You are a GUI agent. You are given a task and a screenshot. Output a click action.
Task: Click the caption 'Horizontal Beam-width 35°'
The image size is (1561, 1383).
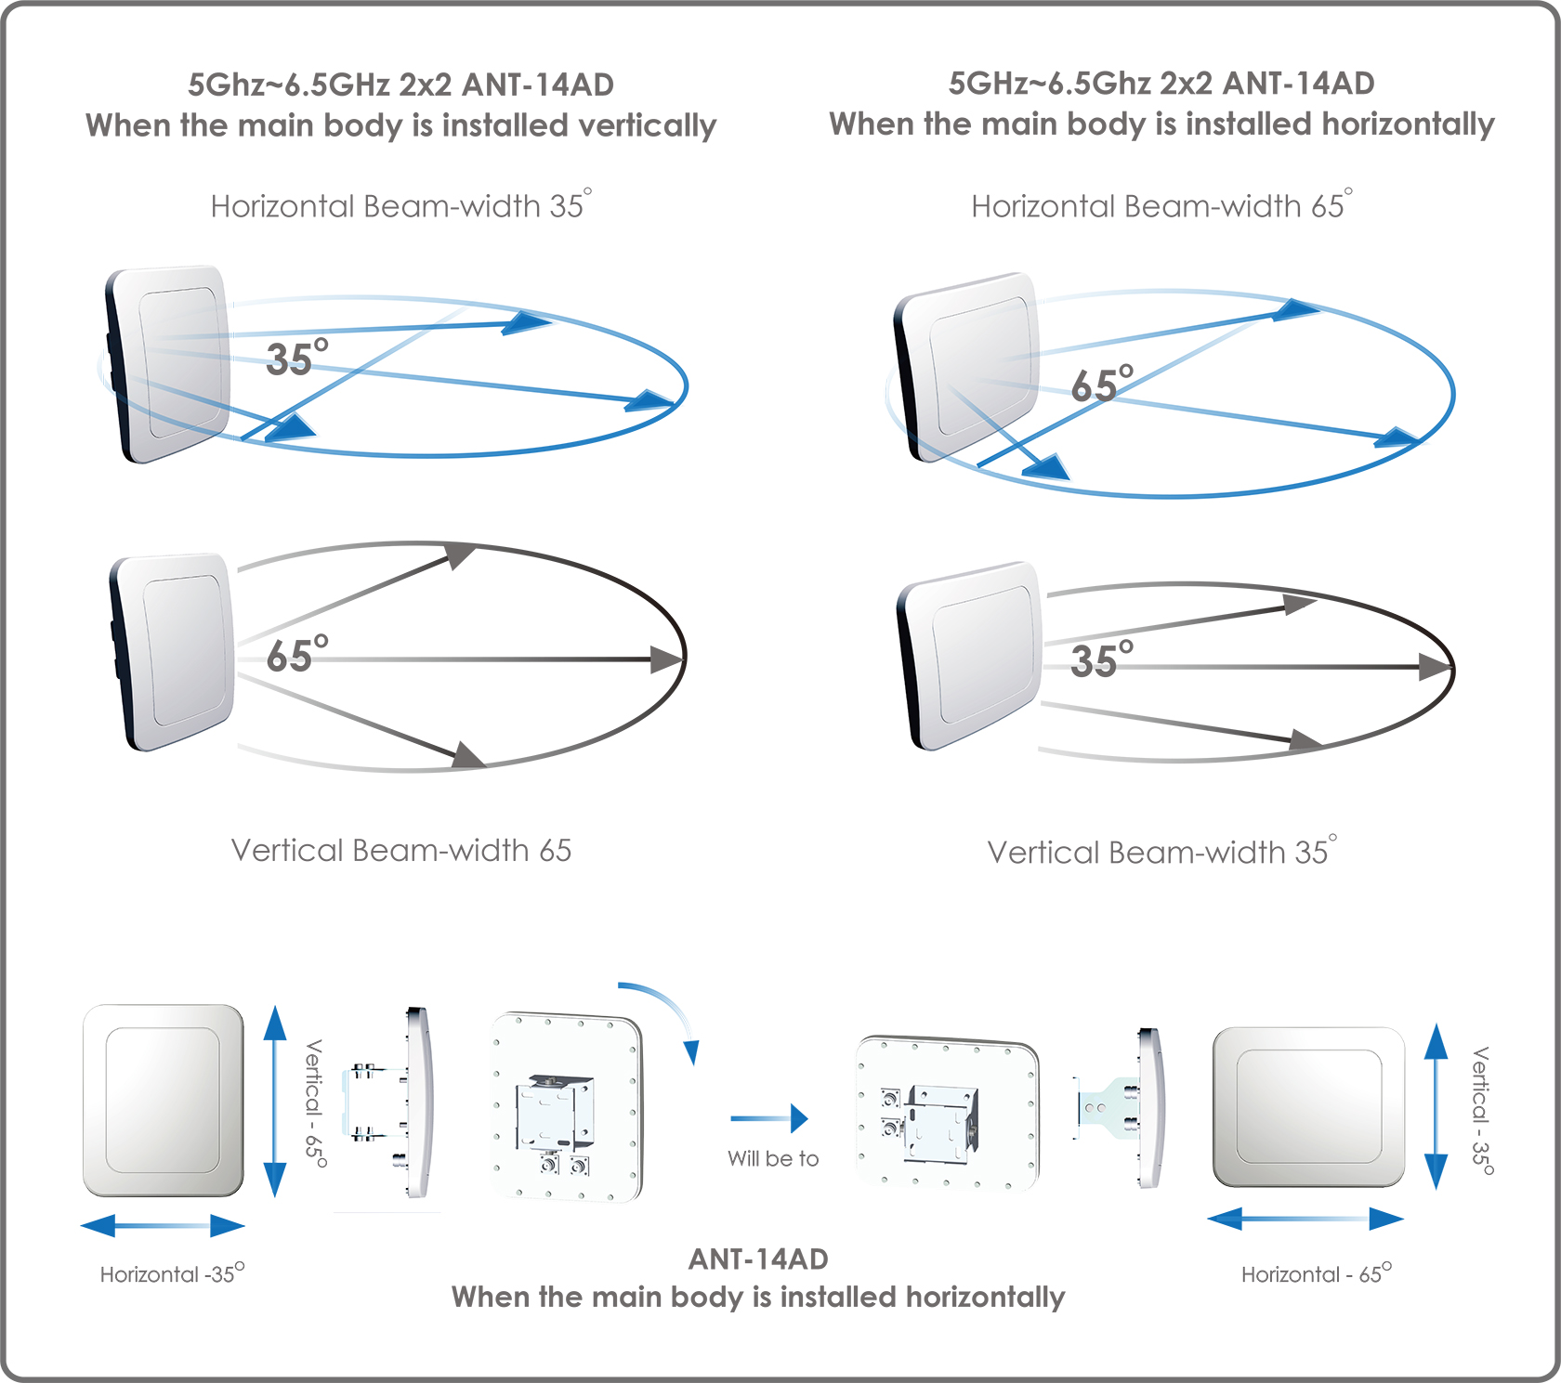click(401, 204)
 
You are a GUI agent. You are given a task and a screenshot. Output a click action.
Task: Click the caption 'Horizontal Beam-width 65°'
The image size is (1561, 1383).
click(1161, 204)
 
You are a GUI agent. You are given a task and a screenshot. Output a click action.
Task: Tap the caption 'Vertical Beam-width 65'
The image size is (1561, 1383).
click(401, 850)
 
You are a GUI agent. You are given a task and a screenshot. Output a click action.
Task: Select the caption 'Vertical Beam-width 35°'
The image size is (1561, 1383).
click(1162, 851)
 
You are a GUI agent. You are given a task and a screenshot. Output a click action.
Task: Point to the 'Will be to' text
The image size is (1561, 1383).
click(773, 1158)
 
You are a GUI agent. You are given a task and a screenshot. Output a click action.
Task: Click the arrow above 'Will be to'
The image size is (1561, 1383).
click(769, 1118)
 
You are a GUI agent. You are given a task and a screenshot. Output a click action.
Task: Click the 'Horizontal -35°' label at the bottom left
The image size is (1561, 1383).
click(172, 1273)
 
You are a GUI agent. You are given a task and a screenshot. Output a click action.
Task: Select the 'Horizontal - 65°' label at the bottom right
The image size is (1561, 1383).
click(1317, 1273)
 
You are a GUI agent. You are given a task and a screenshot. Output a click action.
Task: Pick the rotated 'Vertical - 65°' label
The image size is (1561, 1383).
click(316, 1103)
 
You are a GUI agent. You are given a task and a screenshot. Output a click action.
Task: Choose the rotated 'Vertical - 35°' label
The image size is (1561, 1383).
click(1482, 1111)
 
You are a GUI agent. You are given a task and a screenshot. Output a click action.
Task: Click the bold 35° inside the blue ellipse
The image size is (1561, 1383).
click(297, 358)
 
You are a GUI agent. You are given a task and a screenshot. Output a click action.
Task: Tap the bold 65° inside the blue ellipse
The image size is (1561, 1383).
click(1102, 384)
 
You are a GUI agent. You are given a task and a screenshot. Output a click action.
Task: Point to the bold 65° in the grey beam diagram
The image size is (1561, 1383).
click(297, 654)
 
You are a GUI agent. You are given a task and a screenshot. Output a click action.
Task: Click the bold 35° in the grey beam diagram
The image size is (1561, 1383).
click(1102, 659)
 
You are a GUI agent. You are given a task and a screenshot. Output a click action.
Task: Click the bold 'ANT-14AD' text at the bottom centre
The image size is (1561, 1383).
click(758, 1259)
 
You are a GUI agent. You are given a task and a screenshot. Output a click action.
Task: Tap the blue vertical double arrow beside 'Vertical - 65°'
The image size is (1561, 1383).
click(275, 1102)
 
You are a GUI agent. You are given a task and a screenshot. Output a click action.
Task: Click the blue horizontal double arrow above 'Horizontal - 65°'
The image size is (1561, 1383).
click(1305, 1219)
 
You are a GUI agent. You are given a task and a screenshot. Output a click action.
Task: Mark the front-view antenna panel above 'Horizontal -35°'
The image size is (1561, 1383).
click(164, 1101)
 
